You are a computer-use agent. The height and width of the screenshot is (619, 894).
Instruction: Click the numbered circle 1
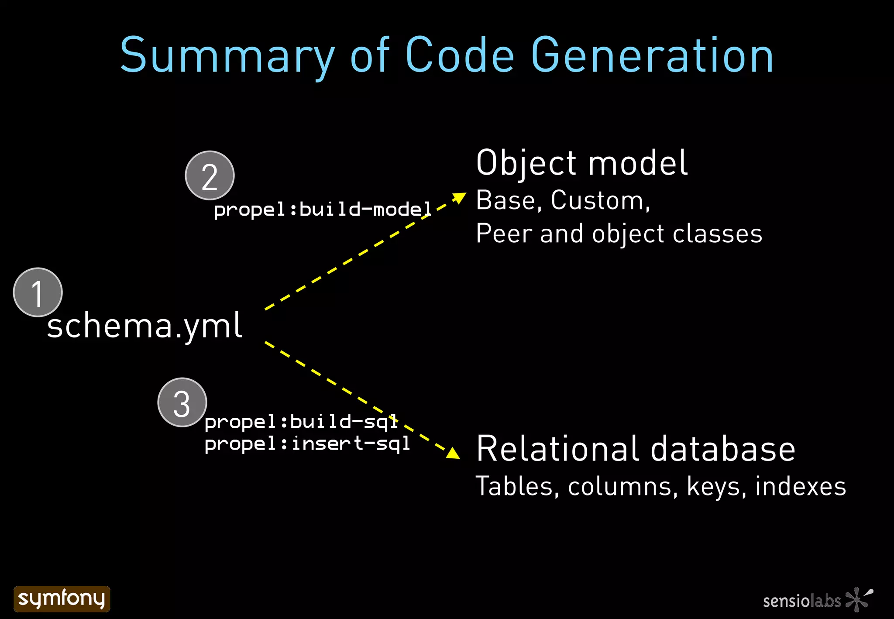[x=38, y=292]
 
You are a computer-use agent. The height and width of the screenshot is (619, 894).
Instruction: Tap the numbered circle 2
[x=210, y=175]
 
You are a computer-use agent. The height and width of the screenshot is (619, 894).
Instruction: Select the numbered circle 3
[x=182, y=402]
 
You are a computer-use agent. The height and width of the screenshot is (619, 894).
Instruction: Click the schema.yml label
[x=144, y=326]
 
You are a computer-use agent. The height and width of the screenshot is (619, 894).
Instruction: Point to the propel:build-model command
[x=322, y=210]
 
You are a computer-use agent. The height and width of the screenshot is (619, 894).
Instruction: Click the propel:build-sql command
[x=301, y=422]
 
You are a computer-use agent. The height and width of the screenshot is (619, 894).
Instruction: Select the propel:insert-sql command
[x=307, y=444]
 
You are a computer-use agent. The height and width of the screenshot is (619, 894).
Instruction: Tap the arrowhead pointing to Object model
[x=459, y=197]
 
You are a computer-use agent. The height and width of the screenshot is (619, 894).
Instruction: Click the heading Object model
[x=581, y=163]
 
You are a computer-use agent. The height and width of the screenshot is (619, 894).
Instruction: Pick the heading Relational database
[x=636, y=449]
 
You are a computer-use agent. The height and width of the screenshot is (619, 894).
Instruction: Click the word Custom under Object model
[x=600, y=200]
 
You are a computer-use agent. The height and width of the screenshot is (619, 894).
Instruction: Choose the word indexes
[x=800, y=486]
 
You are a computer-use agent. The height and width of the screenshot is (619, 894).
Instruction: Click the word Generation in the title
[x=652, y=56]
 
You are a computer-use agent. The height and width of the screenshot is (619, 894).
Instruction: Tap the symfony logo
[x=62, y=598]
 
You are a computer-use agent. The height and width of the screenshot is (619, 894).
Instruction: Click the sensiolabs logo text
[x=802, y=601]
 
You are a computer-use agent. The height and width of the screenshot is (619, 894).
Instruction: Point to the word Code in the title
[x=460, y=56]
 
